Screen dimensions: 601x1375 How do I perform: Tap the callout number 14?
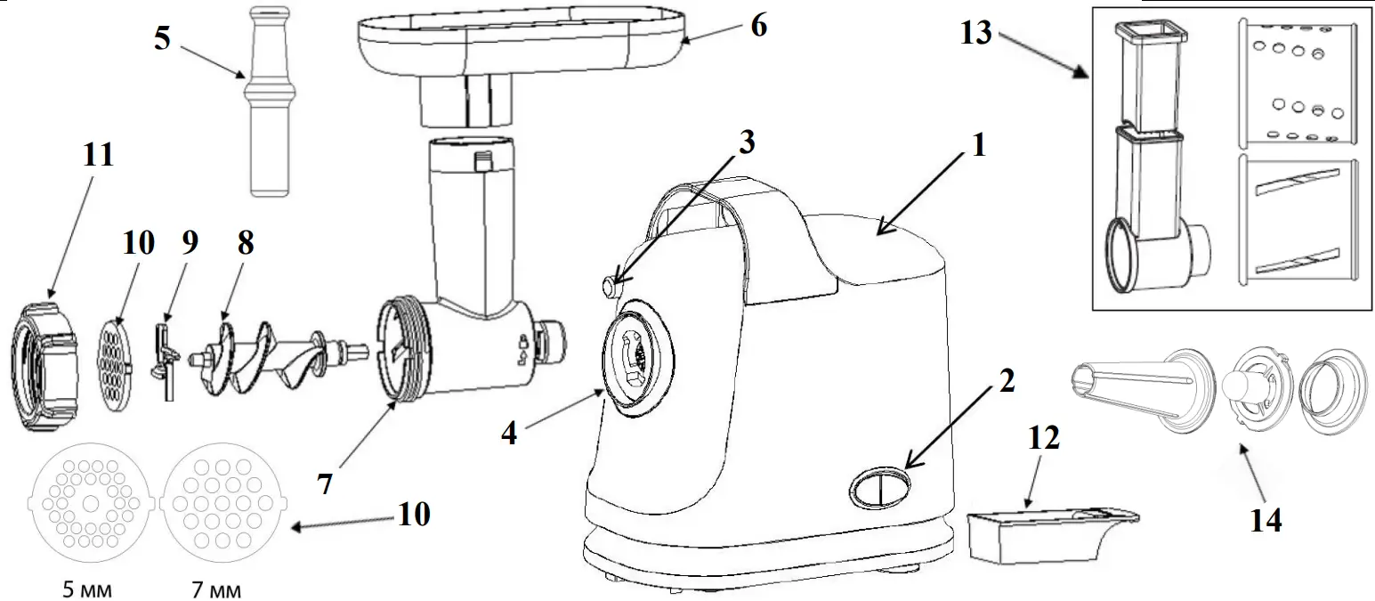pos(1266,520)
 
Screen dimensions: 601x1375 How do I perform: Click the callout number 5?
pos(161,39)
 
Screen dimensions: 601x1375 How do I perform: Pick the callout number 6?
pos(757,25)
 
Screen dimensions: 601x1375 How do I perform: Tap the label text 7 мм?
pos(216,589)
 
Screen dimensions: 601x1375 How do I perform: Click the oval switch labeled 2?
pos(880,489)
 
